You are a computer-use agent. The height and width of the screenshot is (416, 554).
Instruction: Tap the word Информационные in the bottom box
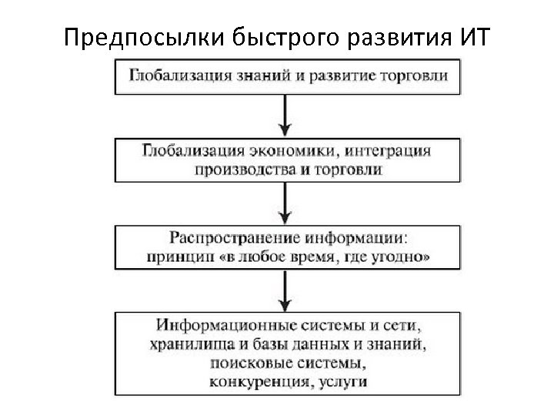tap(219, 322)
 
